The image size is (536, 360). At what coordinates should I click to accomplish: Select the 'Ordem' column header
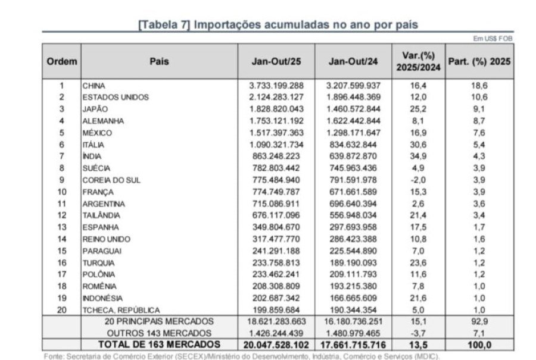[62, 61]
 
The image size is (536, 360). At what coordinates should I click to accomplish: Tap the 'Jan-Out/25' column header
[276, 61]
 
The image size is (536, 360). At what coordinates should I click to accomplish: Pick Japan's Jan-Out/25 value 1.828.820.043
[276, 109]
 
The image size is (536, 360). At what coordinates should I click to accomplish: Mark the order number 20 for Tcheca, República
[61, 310]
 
